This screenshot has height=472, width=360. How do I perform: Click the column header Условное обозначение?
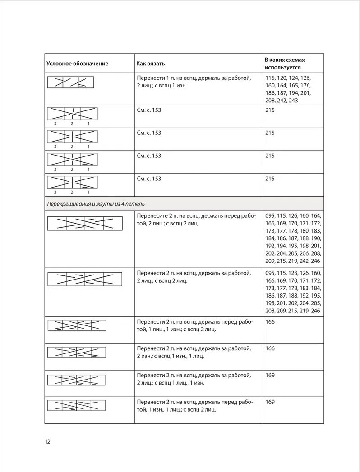click(x=77, y=64)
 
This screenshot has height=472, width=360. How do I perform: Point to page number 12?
click(x=47, y=441)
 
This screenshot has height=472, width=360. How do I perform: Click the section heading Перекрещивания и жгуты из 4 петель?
click(x=96, y=204)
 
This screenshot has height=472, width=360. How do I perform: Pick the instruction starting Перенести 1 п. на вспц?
click(x=194, y=82)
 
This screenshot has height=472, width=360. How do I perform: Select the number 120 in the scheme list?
click(x=286, y=78)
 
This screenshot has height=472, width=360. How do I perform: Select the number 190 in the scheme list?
click(x=316, y=238)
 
